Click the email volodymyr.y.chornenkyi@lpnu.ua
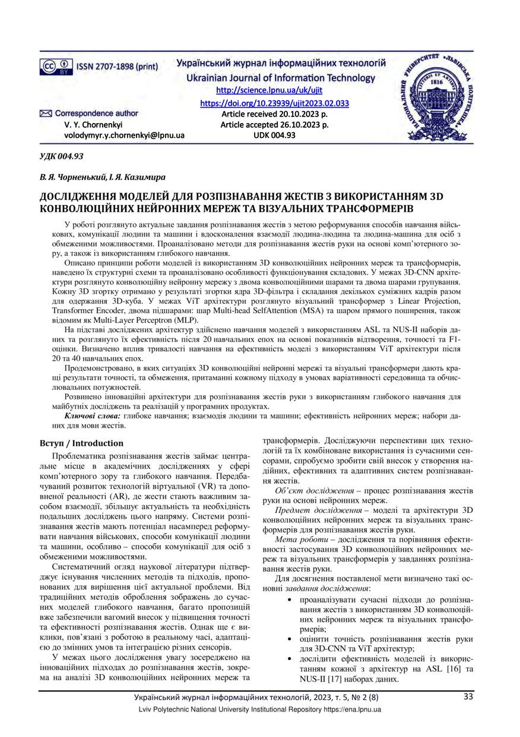click(124, 136)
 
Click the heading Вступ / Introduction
click(81, 443)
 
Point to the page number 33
click(468, 697)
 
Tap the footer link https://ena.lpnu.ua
click(351, 710)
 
